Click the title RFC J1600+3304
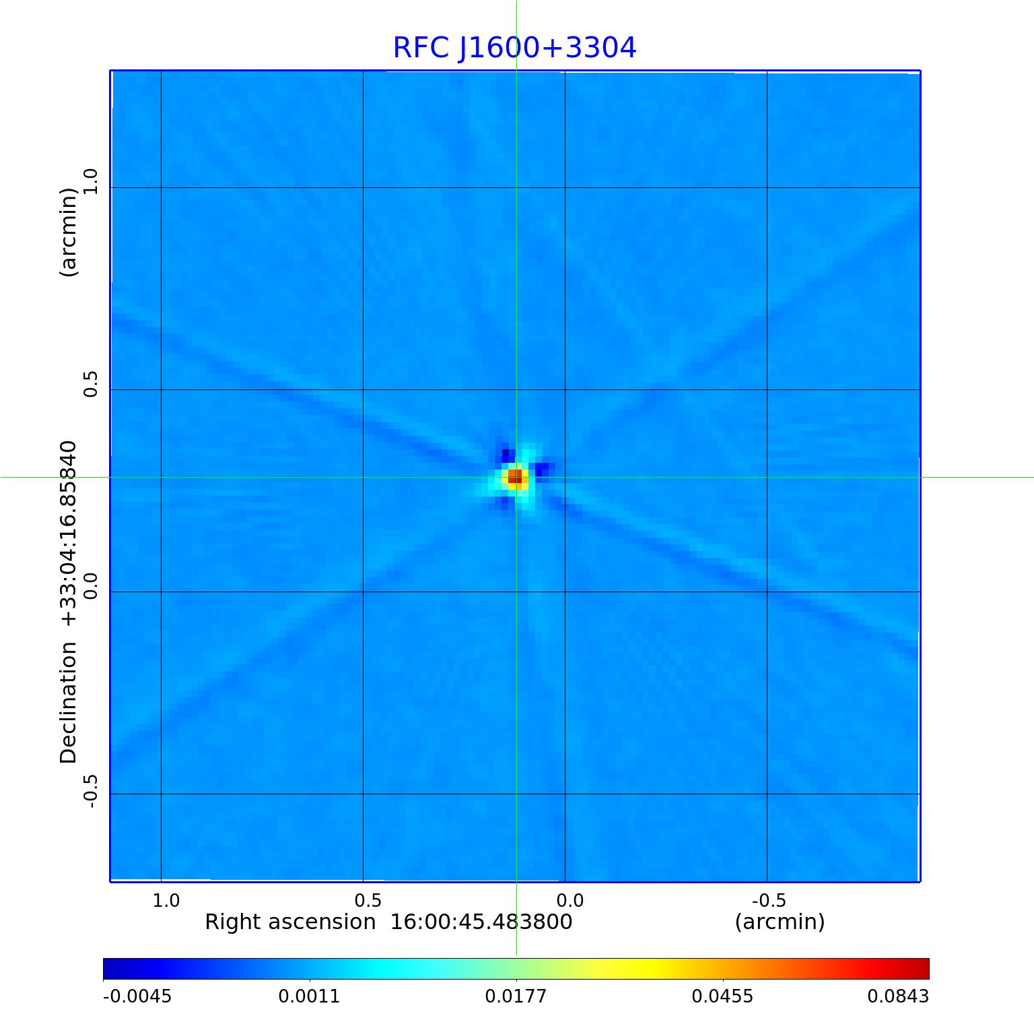514,48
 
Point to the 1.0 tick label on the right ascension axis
166,900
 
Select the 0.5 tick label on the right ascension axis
368,900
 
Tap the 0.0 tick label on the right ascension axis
570,900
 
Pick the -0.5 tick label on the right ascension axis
769,900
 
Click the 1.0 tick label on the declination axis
90,181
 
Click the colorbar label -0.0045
137,996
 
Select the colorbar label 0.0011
309,996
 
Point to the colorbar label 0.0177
516,996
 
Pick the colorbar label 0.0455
722,996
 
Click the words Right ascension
290,922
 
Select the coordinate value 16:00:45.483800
481,922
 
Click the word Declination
69,702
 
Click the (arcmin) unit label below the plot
780,922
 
